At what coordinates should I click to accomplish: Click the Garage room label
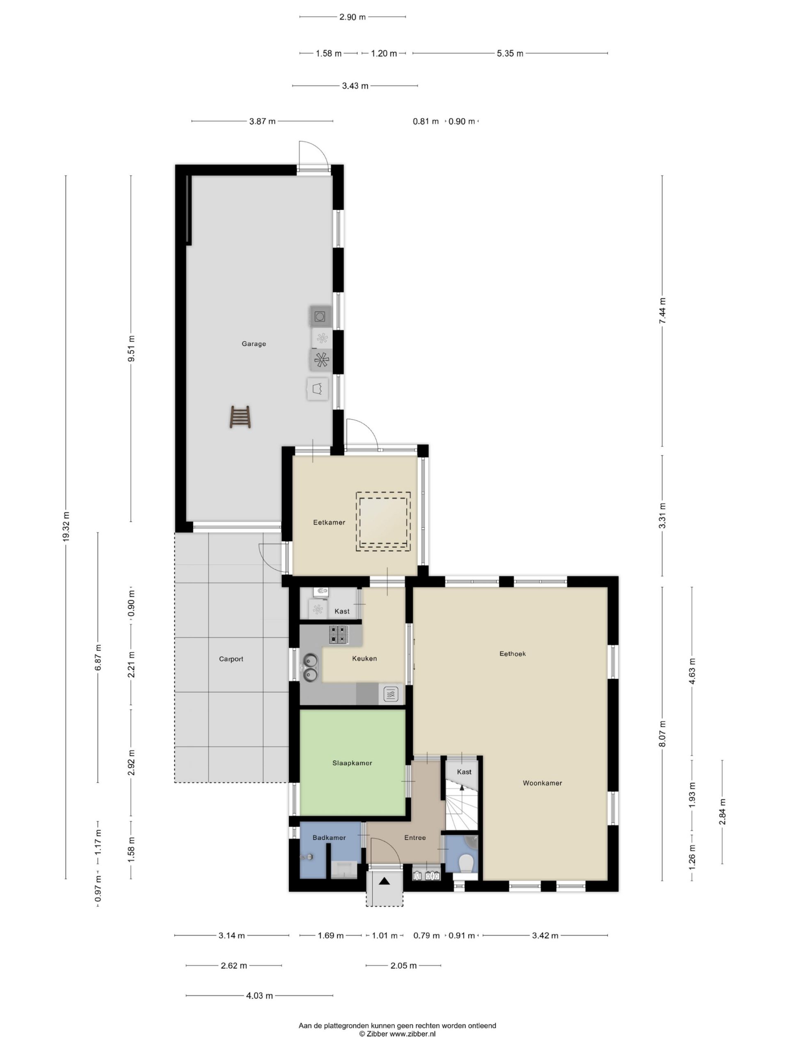coord(254,344)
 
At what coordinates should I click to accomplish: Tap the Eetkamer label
coord(329,522)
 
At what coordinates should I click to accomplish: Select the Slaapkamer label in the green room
coord(352,763)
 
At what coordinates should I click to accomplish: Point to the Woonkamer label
coord(542,783)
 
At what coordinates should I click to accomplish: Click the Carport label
coord(231,659)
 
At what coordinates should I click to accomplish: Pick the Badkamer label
coord(329,838)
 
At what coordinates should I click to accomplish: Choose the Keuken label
coord(364,658)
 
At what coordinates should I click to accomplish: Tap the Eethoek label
coord(513,654)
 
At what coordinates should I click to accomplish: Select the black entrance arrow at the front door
coord(384,881)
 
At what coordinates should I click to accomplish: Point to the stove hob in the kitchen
coord(339,635)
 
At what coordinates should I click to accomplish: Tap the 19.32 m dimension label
coord(66,526)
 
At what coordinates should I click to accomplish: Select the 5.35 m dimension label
coord(510,54)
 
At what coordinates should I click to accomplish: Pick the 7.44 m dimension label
coord(662,310)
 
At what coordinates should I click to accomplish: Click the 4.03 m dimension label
coord(259,996)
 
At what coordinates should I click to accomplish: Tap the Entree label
coord(415,838)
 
